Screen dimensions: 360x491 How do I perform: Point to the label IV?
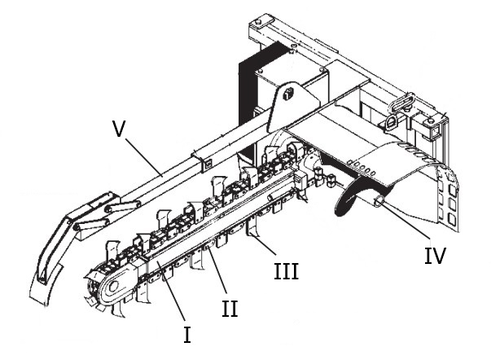point(435,256)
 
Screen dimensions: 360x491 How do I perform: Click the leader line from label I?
point(174,301)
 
